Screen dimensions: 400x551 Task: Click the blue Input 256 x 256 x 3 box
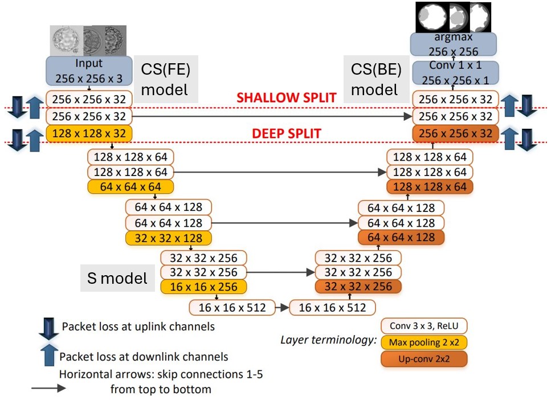click(x=88, y=70)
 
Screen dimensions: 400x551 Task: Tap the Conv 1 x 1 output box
click(x=454, y=74)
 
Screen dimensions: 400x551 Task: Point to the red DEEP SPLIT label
click(x=287, y=134)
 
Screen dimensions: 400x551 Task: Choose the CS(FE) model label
click(x=165, y=80)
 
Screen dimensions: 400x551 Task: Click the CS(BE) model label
click(x=376, y=80)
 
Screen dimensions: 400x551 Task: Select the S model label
click(x=117, y=278)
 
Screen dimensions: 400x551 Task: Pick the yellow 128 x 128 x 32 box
click(x=88, y=134)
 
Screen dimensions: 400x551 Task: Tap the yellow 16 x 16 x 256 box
click(x=203, y=287)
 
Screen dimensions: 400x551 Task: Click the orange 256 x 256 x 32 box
click(x=455, y=134)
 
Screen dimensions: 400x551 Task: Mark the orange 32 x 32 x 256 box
click(x=358, y=287)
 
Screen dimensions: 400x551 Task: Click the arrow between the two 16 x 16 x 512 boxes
click(x=281, y=308)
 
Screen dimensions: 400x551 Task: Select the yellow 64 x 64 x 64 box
click(x=130, y=186)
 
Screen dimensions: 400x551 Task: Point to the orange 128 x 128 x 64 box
click(x=429, y=186)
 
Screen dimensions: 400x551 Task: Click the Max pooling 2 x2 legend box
click(x=424, y=342)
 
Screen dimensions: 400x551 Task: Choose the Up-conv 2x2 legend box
click(x=424, y=359)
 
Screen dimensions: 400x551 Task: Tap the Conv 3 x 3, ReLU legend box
click(x=424, y=326)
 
